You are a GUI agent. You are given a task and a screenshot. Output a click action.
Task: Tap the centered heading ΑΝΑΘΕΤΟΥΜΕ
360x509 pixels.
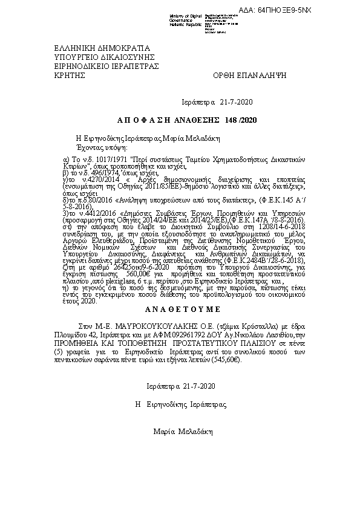[x=179, y=307]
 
